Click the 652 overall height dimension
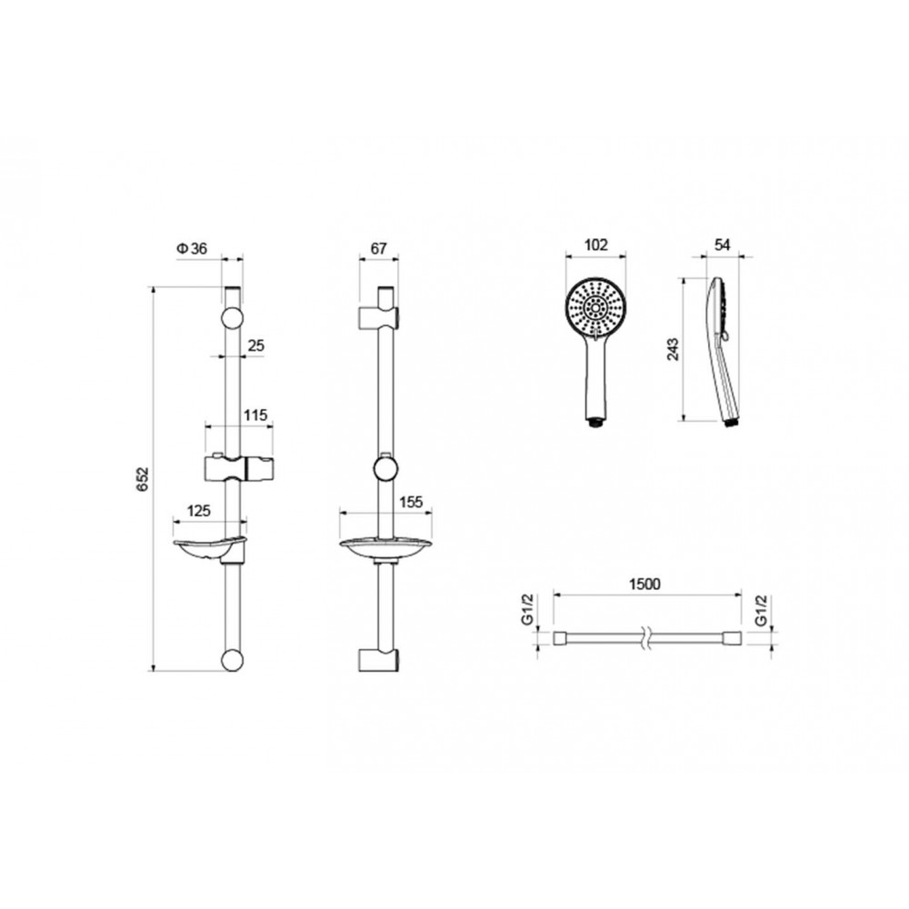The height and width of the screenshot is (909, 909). (x=144, y=479)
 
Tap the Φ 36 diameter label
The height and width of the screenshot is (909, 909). (x=192, y=249)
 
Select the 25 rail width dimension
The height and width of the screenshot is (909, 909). (x=255, y=345)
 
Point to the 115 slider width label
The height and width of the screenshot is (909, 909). (x=255, y=415)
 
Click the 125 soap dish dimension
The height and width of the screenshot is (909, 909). (x=198, y=511)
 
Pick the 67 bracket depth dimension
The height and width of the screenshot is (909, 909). (x=378, y=249)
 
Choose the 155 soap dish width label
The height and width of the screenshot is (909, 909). (x=412, y=502)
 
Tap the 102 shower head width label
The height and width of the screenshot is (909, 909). (x=596, y=245)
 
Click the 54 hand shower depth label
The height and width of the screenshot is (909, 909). (x=722, y=245)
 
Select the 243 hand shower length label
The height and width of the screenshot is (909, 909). (x=673, y=349)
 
